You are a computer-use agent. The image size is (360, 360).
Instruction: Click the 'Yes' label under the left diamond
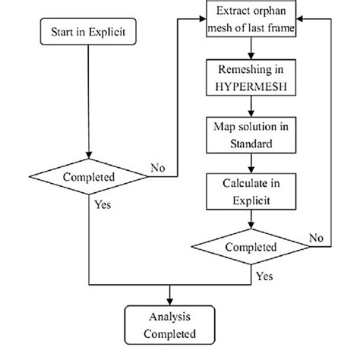[x=103, y=205]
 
